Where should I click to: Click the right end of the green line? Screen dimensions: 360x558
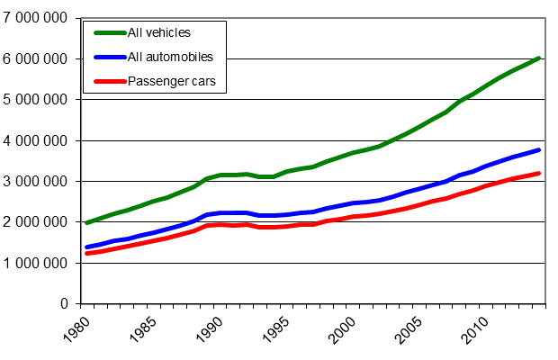539,58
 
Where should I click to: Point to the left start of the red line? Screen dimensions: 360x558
86,254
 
